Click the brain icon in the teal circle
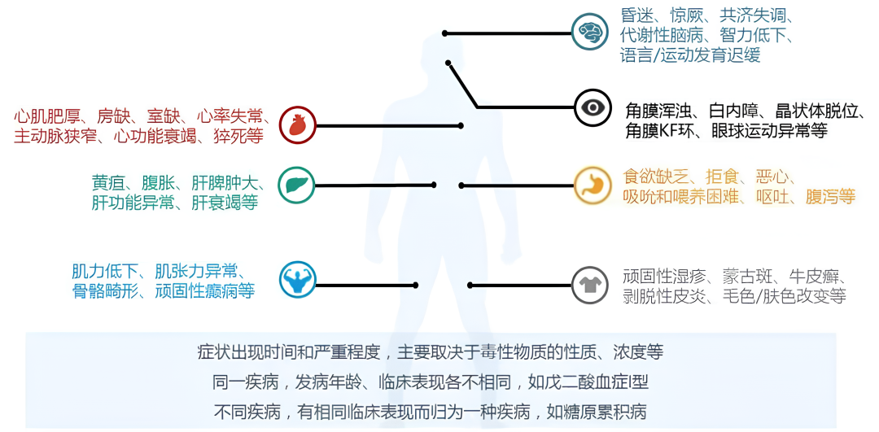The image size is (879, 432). (589, 32)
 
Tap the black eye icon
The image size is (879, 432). (592, 108)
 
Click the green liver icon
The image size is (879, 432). (296, 185)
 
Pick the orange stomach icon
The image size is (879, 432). (592, 185)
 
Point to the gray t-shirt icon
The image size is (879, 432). (591, 285)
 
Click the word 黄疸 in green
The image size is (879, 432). (108, 182)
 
